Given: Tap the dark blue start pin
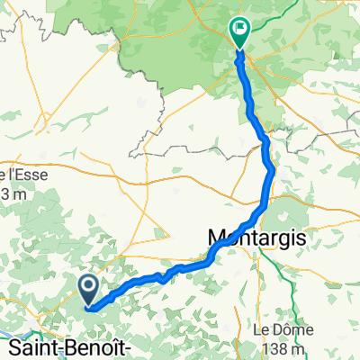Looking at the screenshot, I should pyautogui.click(x=90, y=289).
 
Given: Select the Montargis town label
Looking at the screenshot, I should pyautogui.click(x=256, y=238).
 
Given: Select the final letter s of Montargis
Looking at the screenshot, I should pyautogui.click(x=301, y=238).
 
